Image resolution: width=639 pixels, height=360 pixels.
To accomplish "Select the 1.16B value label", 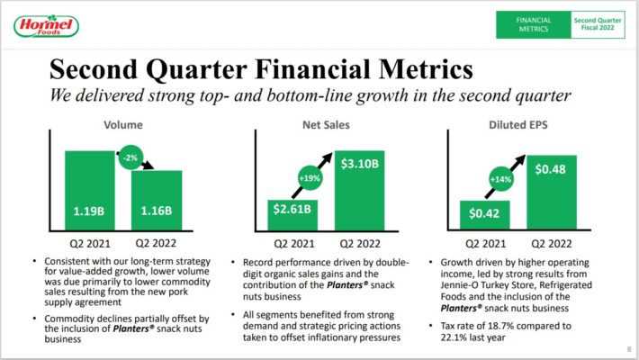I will point(157,213).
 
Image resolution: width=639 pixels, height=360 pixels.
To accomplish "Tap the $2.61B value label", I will point(291,210).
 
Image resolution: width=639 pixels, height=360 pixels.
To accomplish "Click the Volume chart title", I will point(122,125).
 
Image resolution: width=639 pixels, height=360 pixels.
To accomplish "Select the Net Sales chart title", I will point(325,125).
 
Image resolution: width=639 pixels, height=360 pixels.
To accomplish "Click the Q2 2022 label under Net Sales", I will point(358,242).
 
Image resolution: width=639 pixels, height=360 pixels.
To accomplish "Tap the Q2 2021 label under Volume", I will point(89,242).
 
